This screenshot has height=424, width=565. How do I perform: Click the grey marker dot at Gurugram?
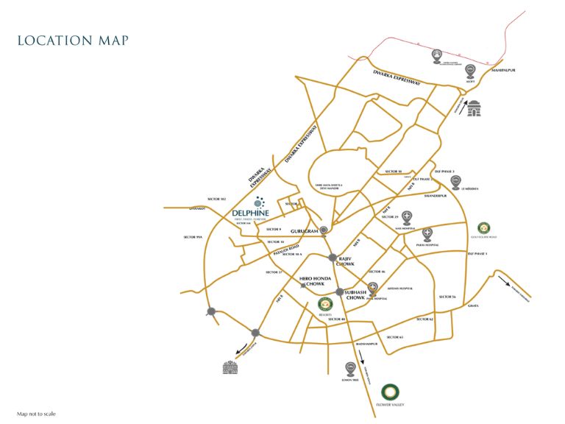(324, 230)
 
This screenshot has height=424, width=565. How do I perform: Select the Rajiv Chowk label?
(345, 261)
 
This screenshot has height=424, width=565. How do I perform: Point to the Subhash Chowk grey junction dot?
(339, 292)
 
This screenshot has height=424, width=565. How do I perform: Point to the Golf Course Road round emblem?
(485, 227)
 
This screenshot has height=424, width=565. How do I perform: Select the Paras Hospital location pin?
(427, 234)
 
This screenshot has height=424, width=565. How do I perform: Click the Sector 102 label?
(216, 199)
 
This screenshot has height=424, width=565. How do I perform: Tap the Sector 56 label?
(447, 296)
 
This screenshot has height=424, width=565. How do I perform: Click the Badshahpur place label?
(366, 344)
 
